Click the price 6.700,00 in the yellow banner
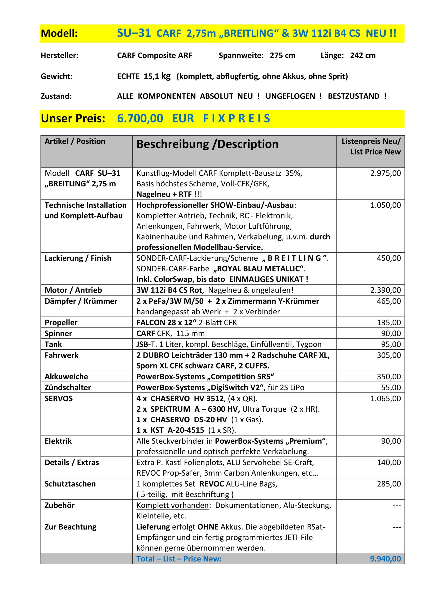pos(140,119)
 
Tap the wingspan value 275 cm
pos(282,55)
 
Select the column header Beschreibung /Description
pos(207,144)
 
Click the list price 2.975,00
pos(385,174)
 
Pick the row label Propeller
pos(61,323)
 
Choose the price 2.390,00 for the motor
pos(385,290)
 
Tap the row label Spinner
pos(58,333)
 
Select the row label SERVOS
pos(59,399)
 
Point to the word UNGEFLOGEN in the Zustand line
pos(290,96)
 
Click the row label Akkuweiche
pos(66,377)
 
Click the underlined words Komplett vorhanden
pos(172,505)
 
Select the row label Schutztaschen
pos(70,484)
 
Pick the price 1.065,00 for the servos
pos(385,399)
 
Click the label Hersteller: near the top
pos(60,55)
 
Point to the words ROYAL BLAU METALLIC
pos(258,269)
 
